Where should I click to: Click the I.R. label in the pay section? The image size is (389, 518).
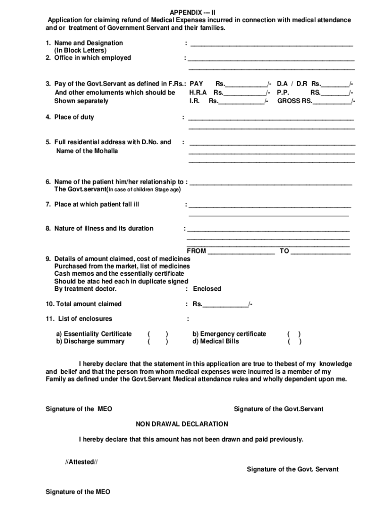click(194, 101)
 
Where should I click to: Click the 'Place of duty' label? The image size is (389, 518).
click(74, 117)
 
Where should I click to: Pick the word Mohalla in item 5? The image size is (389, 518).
click(105, 151)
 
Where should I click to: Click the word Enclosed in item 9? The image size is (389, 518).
click(207, 289)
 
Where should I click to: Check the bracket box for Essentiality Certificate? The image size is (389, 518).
click(158, 334)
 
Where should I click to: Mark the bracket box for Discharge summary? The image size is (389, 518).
click(158, 341)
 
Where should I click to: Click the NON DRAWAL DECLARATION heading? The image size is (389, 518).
click(182, 424)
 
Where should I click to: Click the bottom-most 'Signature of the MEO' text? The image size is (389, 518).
click(78, 492)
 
